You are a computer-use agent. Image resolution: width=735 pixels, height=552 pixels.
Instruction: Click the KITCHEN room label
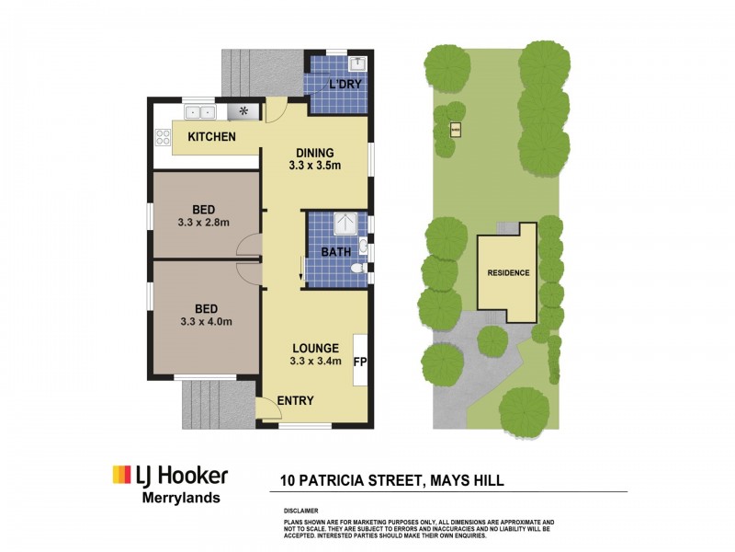[x=211, y=137]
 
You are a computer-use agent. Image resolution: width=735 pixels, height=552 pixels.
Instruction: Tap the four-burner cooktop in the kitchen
[x=164, y=137]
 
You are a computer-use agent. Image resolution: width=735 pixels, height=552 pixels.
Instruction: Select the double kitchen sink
[x=199, y=112]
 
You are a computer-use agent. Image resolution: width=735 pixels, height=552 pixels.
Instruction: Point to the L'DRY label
[x=345, y=84]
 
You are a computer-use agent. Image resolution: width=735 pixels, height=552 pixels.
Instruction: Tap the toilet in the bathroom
[x=358, y=269]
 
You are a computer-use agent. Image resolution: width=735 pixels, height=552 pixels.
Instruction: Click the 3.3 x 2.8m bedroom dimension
[x=204, y=222]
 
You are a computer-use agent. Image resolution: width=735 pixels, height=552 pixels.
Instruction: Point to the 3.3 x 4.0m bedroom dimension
[x=205, y=322]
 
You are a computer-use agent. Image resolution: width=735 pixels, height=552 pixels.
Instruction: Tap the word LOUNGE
[x=316, y=348]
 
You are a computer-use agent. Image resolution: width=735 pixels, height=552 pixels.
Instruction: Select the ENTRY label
[x=295, y=400]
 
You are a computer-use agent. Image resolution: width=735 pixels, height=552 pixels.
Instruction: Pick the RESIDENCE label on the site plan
[x=507, y=273]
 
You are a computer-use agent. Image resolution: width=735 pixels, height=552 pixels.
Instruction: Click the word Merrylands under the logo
[x=179, y=498]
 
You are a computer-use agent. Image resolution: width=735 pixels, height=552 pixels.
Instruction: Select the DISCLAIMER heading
[x=301, y=509]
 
